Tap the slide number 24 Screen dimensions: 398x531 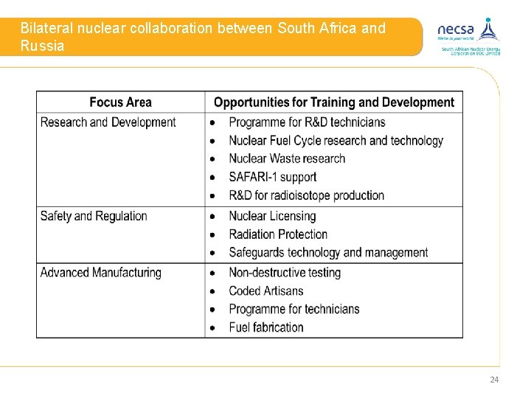494,380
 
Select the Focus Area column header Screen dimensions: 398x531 121,102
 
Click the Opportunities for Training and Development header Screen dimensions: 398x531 334,102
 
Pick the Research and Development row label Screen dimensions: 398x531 108,122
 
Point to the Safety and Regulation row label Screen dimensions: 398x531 94,216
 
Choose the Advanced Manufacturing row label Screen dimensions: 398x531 100,273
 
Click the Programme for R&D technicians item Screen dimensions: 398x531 307,122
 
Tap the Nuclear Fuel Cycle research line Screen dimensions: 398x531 336,141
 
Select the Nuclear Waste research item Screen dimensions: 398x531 287,158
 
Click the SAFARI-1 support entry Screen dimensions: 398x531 272,177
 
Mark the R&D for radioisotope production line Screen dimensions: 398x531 306,195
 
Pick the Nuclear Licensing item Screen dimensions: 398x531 272,216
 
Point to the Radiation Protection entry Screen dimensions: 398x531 278,234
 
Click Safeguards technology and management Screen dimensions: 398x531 328,253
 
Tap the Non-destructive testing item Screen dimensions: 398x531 285,273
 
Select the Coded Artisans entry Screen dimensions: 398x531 266,291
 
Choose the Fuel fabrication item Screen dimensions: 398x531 266,327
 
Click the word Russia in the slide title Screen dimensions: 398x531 43,46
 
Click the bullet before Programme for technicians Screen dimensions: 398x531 212,310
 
